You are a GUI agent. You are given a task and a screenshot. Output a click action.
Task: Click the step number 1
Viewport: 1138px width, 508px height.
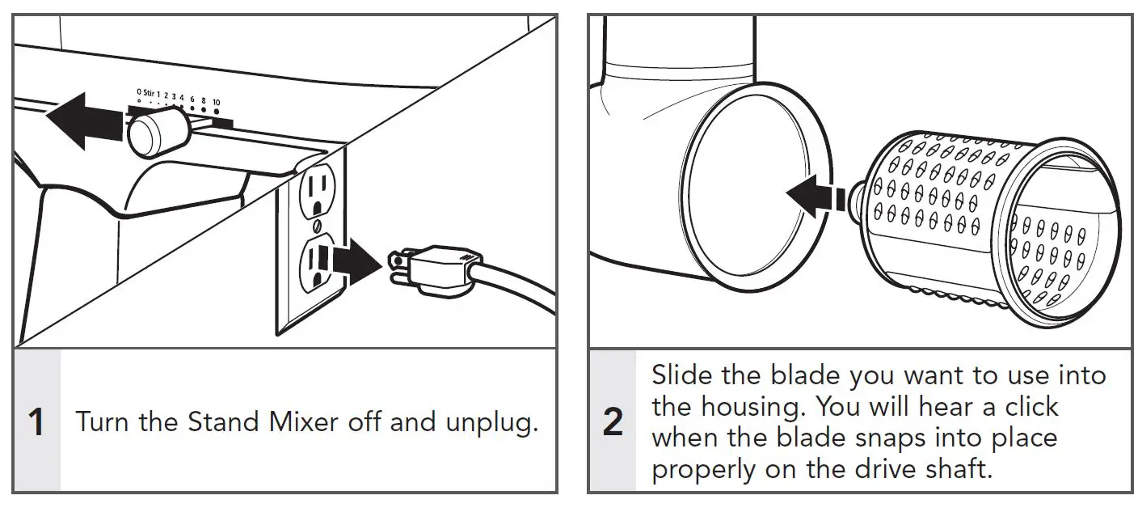[36, 422]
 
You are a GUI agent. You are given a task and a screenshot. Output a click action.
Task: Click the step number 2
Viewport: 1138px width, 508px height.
[613, 422]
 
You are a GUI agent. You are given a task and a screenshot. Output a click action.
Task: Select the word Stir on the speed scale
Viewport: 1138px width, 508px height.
[148, 93]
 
